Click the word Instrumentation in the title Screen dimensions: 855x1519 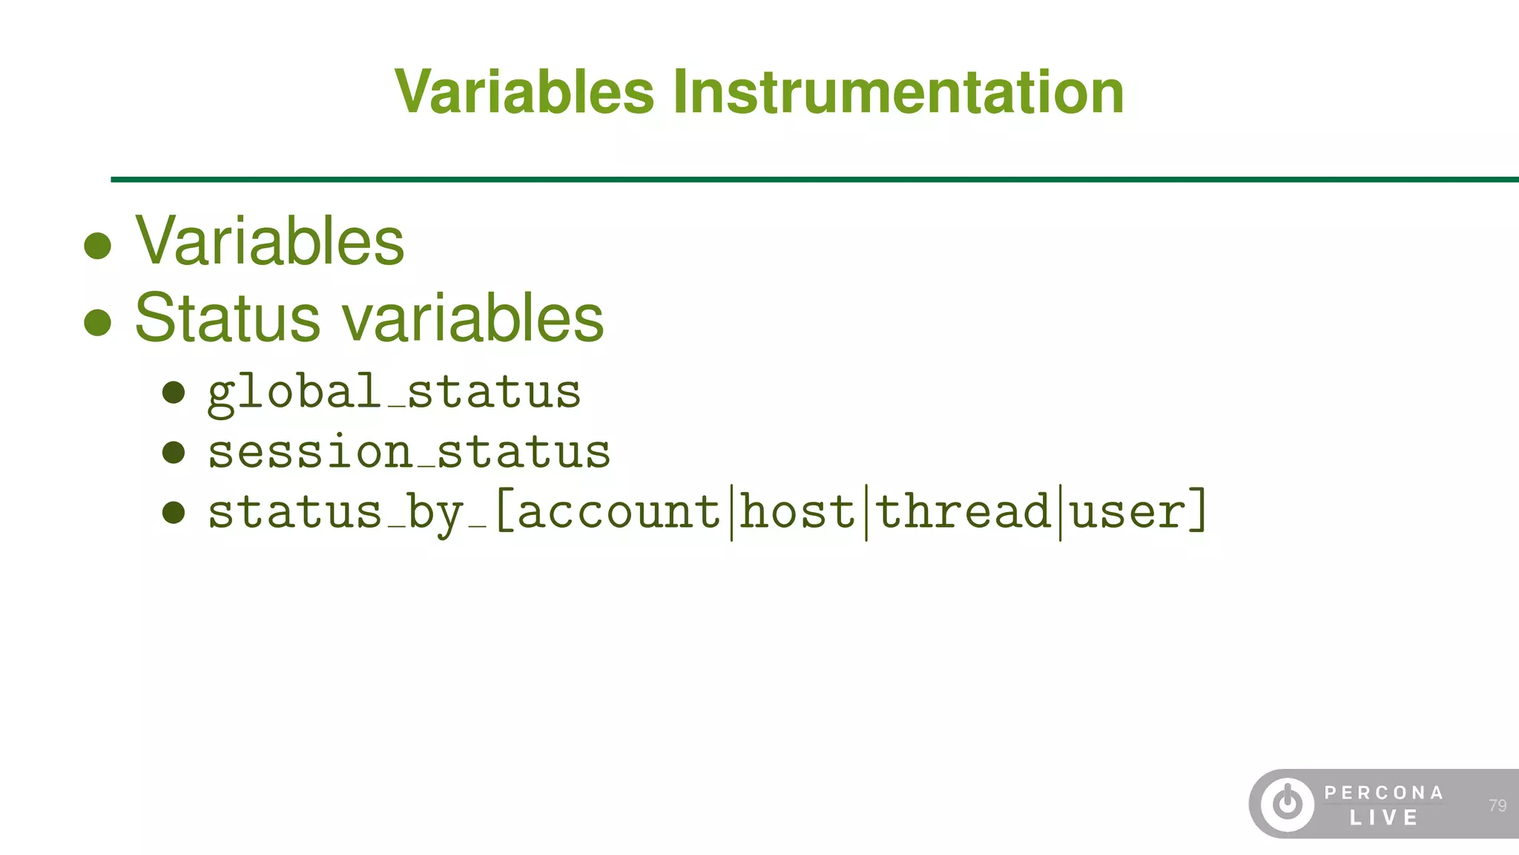click(898, 92)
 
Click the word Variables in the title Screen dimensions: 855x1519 click(524, 92)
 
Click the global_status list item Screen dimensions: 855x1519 click(394, 392)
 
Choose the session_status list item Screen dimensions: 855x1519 click(409, 451)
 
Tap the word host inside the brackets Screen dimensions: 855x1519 click(798, 511)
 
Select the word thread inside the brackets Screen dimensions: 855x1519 click(963, 511)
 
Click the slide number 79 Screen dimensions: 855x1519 click(1497, 805)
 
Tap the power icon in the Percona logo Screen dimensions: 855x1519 click(1287, 804)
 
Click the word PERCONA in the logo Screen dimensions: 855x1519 click(1384, 793)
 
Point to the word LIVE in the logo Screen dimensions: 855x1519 click(1384, 818)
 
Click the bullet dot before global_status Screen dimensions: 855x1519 click(174, 393)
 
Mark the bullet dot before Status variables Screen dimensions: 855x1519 click(98, 322)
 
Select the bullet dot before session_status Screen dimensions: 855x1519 click(174, 452)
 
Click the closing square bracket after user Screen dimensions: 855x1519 click(1197, 511)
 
